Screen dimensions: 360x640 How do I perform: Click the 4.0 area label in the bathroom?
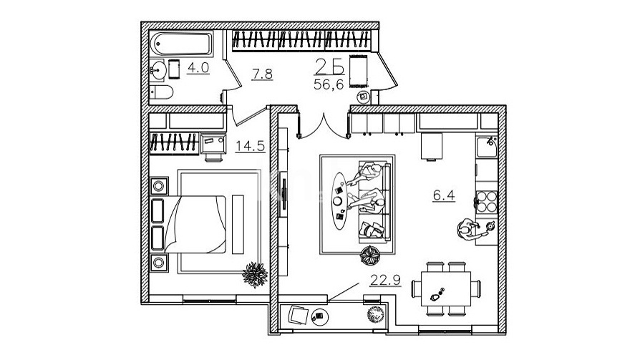[x=198, y=69]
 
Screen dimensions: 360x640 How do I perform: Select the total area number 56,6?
[x=329, y=84]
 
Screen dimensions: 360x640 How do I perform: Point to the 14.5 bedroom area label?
[x=251, y=146]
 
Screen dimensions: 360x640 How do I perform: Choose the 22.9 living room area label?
[x=385, y=280]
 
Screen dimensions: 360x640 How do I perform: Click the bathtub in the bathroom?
[x=183, y=44]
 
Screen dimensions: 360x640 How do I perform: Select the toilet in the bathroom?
[x=160, y=92]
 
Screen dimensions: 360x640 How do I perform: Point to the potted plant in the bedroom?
[x=254, y=273]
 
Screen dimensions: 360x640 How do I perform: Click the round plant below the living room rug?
[x=372, y=254]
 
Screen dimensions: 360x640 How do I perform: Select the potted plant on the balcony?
[x=373, y=313]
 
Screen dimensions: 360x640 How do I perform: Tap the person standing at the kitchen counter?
[x=470, y=230]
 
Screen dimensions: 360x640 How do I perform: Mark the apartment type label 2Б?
[x=330, y=67]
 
